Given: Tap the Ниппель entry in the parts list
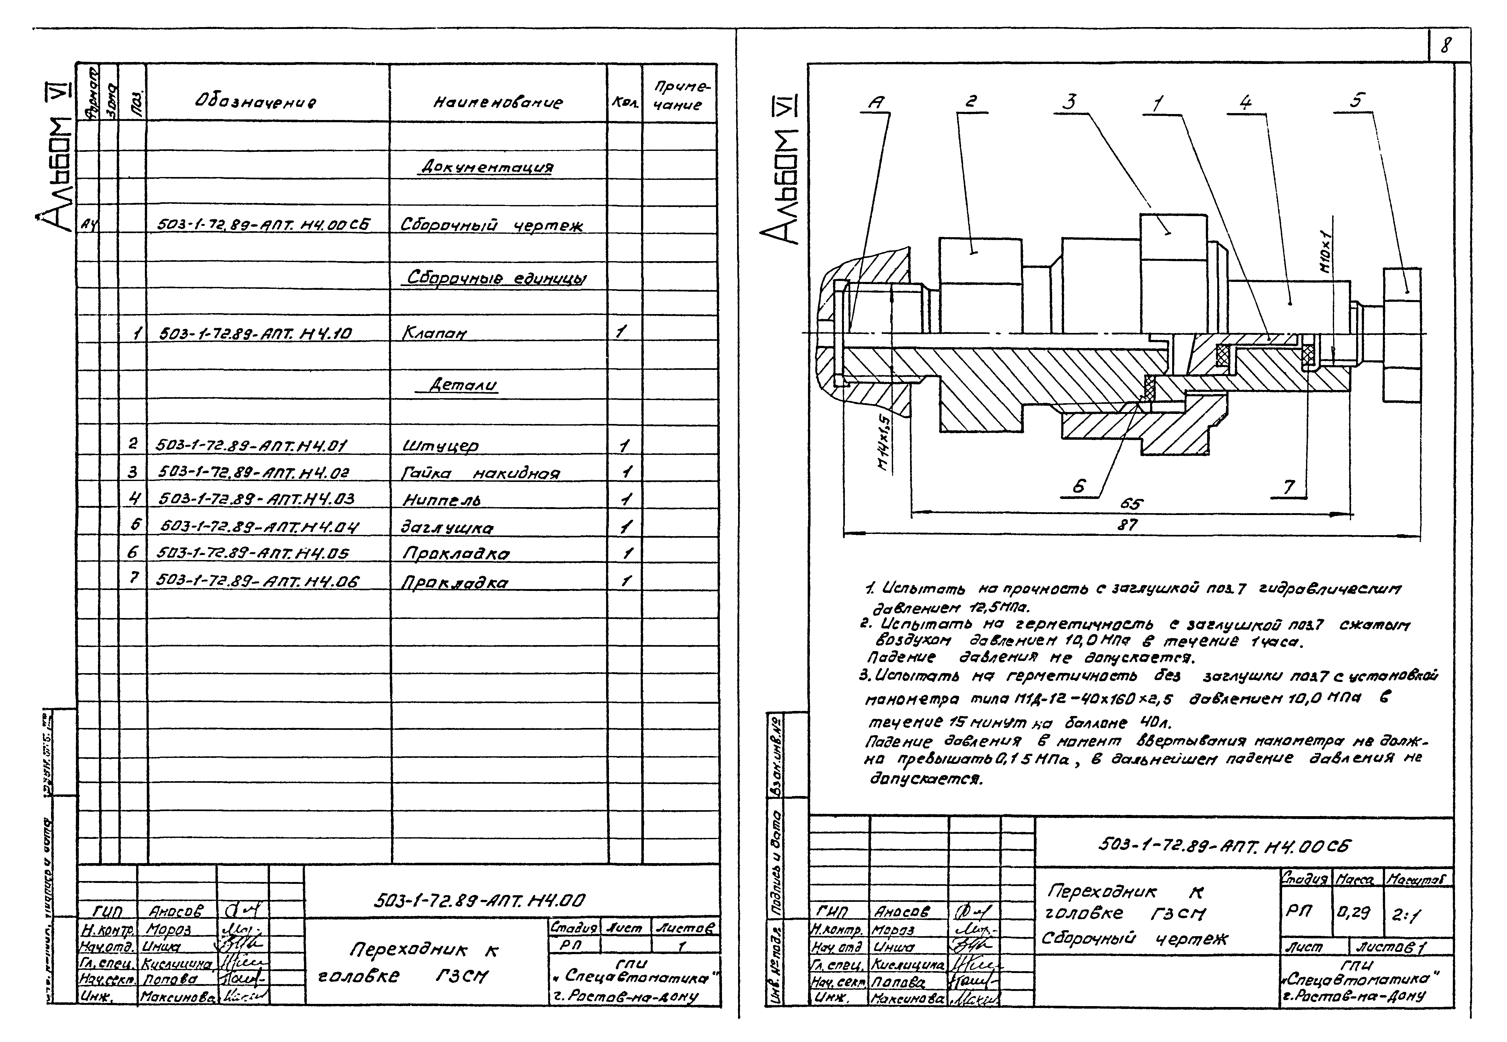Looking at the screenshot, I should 441,500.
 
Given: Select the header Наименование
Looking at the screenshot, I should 497,102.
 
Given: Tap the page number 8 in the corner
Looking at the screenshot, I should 1447,46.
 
